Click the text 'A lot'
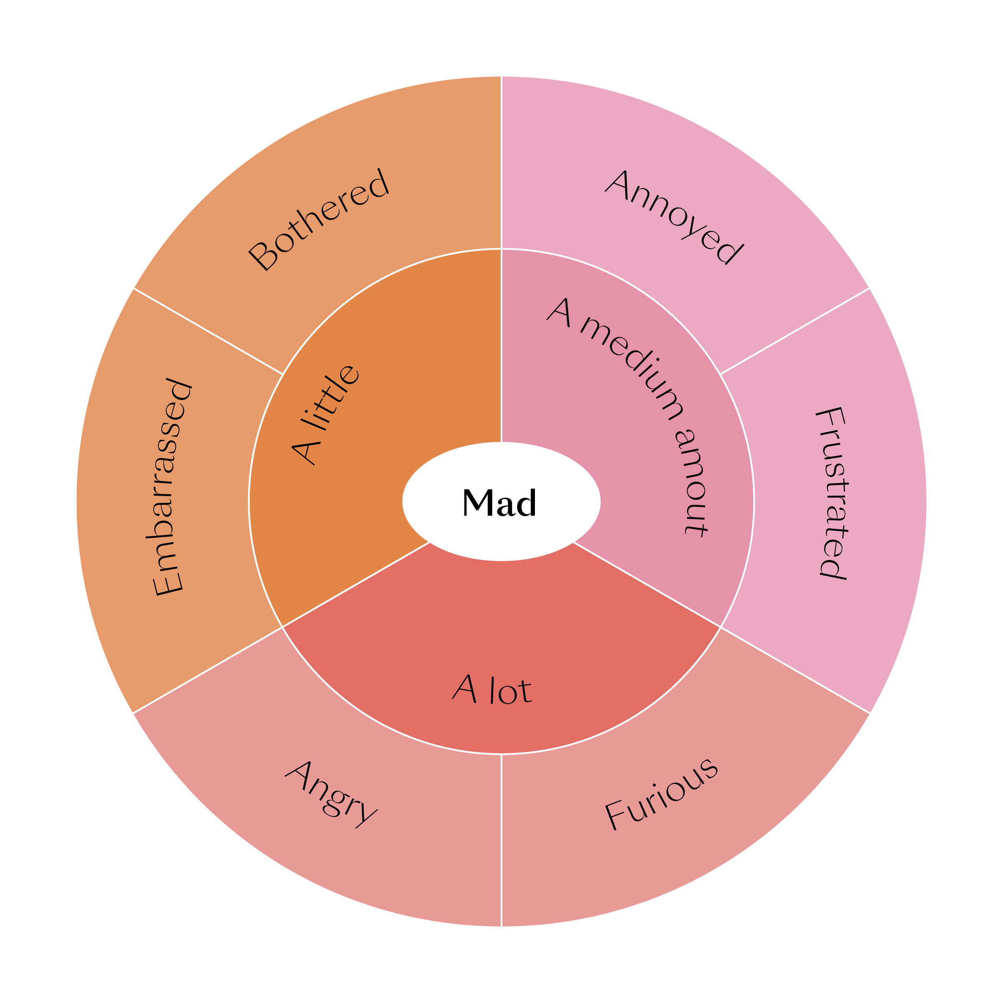click(492, 690)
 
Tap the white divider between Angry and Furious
click(501, 841)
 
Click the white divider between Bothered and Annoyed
click(501, 161)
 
